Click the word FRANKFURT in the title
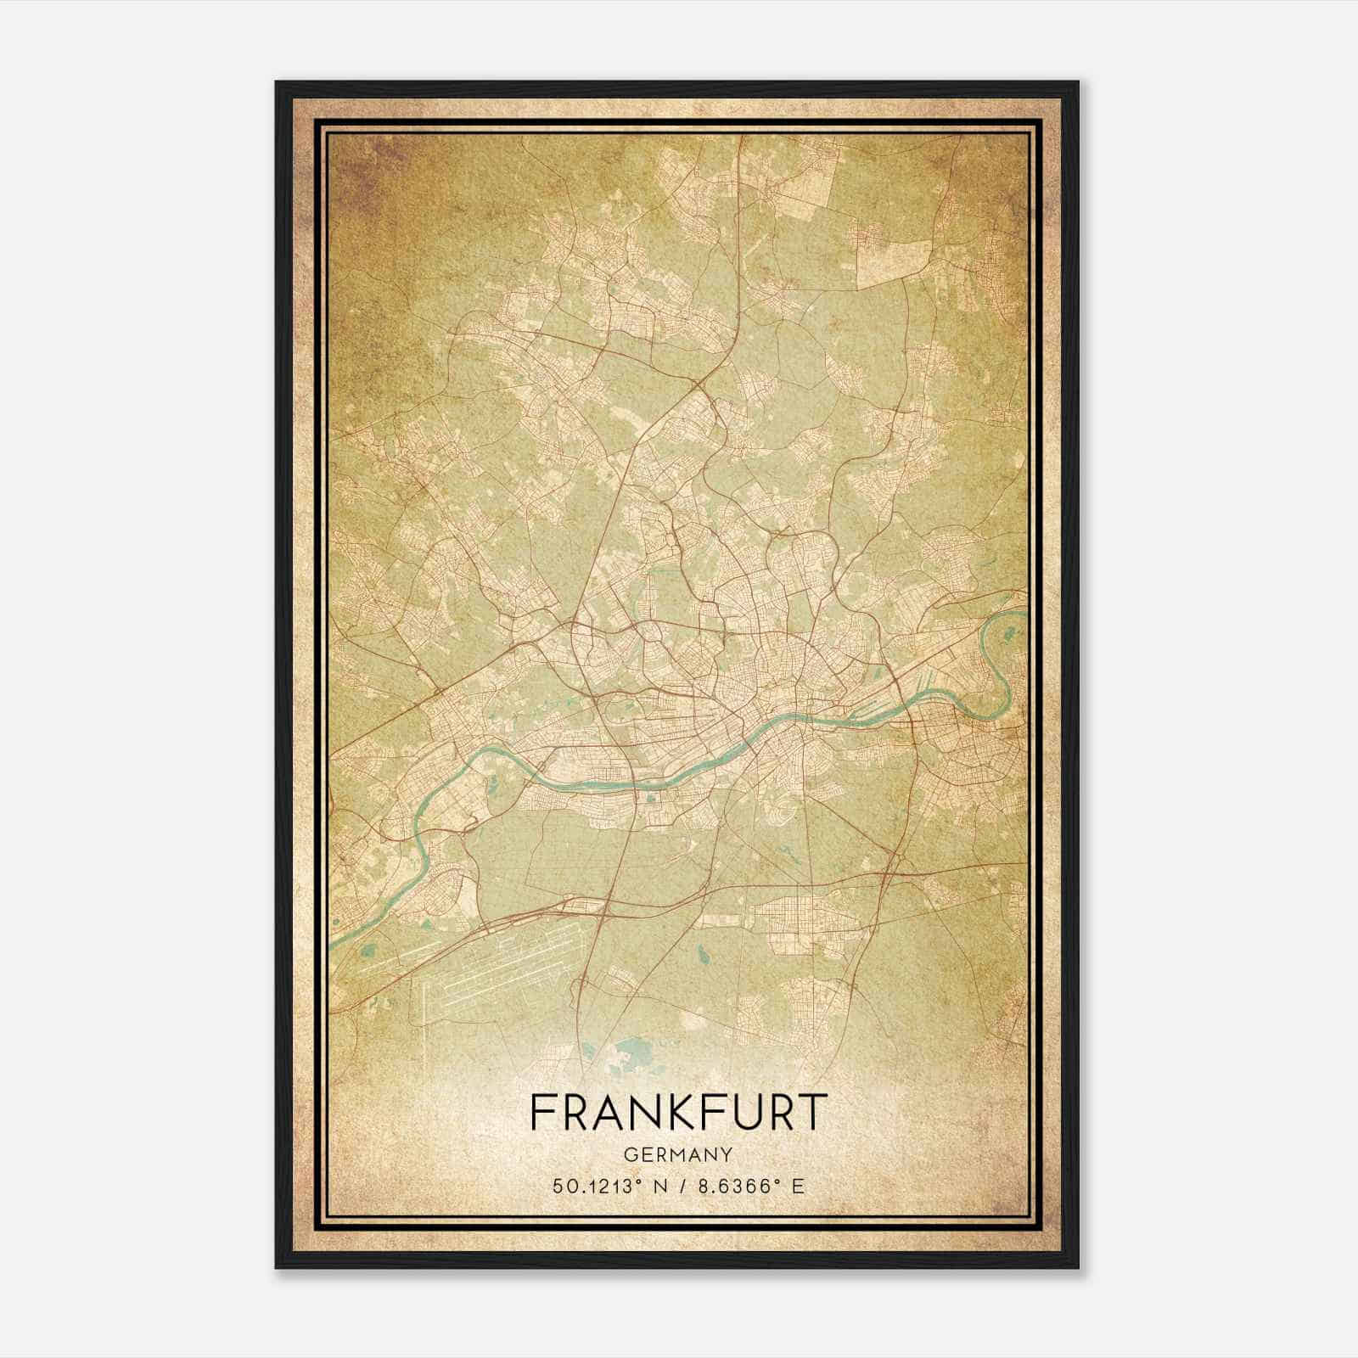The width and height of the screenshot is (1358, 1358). tap(677, 1113)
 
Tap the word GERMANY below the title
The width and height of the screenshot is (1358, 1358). tap(677, 1154)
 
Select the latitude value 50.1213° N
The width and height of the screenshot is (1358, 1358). tap(603, 1187)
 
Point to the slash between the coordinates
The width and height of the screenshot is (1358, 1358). tap(677, 1187)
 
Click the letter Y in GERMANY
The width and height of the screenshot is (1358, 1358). tap(725, 1154)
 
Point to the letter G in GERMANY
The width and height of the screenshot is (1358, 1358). tap(629, 1154)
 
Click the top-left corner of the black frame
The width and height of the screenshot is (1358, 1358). tap(278, 83)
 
